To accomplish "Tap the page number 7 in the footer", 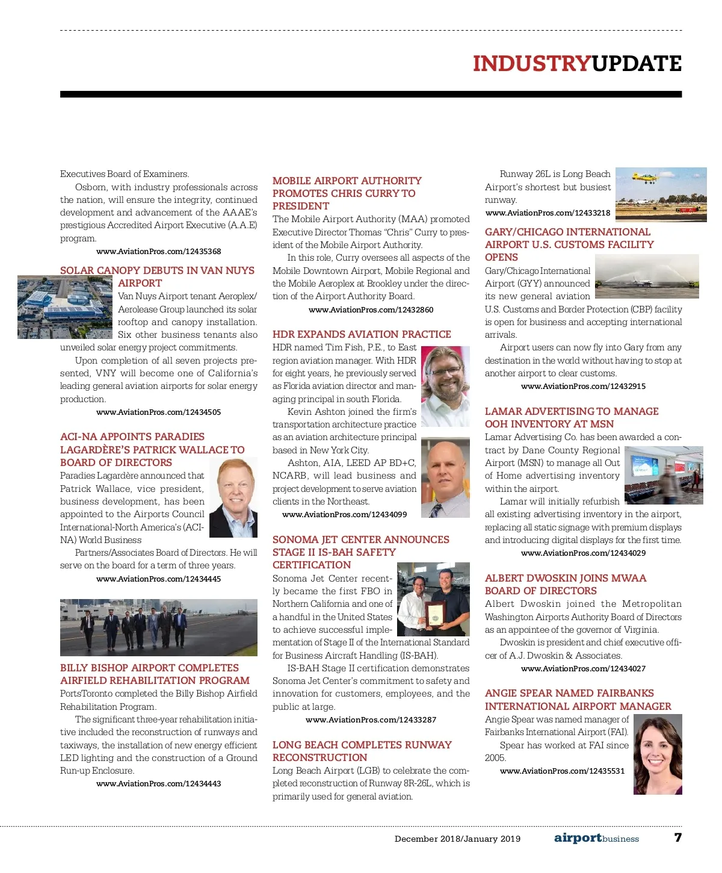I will pyautogui.click(x=678, y=837).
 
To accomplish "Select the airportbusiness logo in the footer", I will pyautogui.click(x=596, y=838).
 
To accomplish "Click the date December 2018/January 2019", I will pyautogui.click(x=457, y=839).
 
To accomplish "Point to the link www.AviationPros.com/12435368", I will pyautogui.click(x=158, y=252).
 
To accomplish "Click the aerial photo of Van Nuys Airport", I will pyautogui.click(x=65, y=307).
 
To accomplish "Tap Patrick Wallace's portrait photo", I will pyautogui.click(x=233, y=497).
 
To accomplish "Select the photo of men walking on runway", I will pyautogui.click(x=158, y=627).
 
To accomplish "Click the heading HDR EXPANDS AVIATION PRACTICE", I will pyautogui.click(x=362, y=334).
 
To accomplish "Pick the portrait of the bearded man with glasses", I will pyautogui.click(x=445, y=386).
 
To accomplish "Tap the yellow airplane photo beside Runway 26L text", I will pyautogui.click(x=661, y=194).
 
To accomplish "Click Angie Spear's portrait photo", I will pyautogui.click(x=658, y=754).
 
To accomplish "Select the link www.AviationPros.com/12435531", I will pyautogui.click(x=562, y=771).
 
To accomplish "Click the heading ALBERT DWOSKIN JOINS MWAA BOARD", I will pyautogui.click(x=566, y=585).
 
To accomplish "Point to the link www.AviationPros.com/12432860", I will pyautogui.click(x=371, y=310).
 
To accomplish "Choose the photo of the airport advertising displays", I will pyautogui.click(x=663, y=474).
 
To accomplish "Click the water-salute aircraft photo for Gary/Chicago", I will pyautogui.click(x=647, y=276).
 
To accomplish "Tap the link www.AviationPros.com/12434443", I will pyautogui.click(x=158, y=784).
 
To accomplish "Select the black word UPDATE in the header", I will pyautogui.click(x=637, y=64).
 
